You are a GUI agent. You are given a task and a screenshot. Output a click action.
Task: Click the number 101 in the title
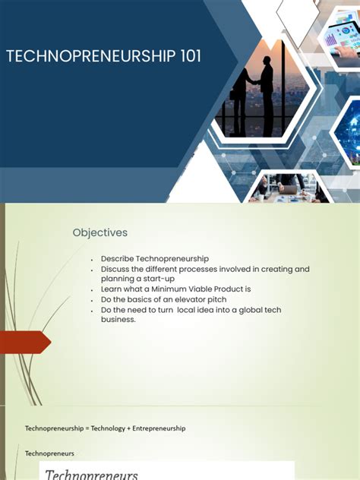186,57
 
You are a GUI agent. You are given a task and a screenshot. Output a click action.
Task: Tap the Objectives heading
100,232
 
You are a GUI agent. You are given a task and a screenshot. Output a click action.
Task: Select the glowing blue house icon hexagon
350,130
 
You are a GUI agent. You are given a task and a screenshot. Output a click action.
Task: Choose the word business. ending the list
118,319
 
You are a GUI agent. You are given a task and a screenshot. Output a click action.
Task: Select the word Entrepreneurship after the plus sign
157,428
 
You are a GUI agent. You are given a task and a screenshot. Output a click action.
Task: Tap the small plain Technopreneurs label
49,453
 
